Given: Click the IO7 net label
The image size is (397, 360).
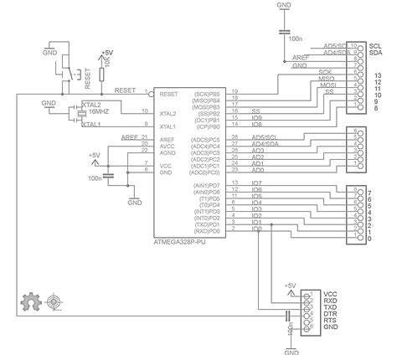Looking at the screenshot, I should click(x=256, y=183).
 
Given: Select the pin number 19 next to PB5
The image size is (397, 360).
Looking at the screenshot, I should click(x=235, y=90).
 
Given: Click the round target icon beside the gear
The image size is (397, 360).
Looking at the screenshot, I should click(x=56, y=301).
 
